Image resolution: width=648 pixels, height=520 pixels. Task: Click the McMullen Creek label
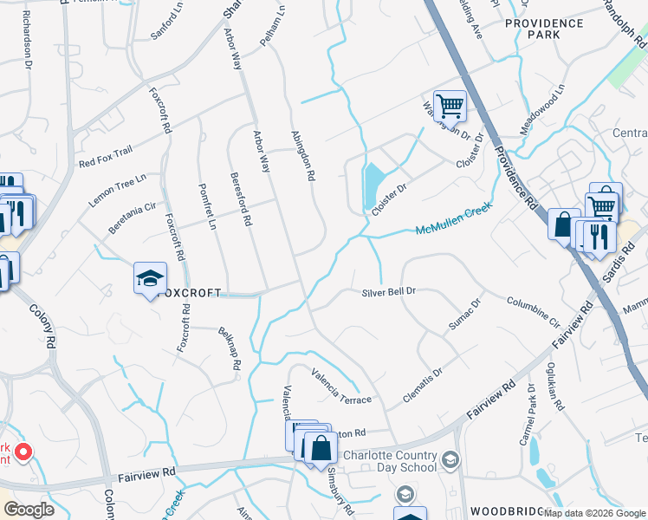(x=453, y=220)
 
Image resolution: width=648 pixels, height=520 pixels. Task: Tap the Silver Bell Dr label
(x=389, y=292)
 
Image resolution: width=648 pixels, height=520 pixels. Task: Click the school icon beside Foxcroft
(x=150, y=279)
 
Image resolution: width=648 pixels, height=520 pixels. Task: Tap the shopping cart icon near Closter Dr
(x=450, y=107)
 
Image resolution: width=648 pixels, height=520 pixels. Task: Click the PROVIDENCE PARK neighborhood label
(x=544, y=29)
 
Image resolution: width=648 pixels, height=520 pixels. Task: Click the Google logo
(x=28, y=510)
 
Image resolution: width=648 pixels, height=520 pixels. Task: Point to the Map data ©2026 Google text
(x=594, y=513)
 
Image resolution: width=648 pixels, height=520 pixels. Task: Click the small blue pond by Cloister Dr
(x=373, y=183)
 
